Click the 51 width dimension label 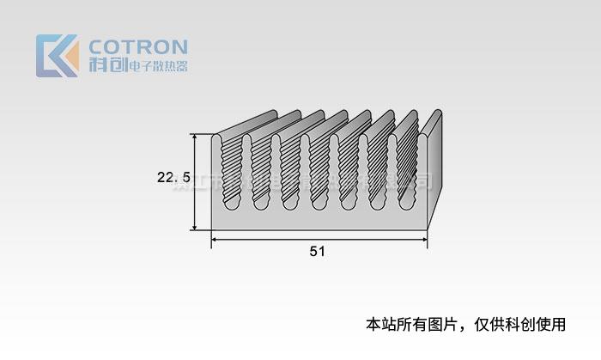[x=318, y=251]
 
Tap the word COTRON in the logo [x=138, y=46]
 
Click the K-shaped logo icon [x=57, y=56]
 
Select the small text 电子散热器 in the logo [x=156, y=66]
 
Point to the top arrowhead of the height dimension [x=196, y=137]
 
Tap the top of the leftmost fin [x=222, y=135]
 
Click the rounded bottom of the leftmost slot [x=231, y=205]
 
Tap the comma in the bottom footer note [x=464, y=327]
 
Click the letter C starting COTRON [x=97, y=46]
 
